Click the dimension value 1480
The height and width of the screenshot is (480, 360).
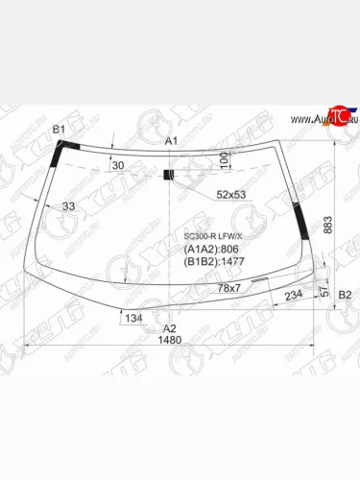point(170,339)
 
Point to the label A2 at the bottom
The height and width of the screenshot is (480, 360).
point(170,325)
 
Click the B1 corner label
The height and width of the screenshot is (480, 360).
point(59,129)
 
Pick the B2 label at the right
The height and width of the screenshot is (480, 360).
point(345,294)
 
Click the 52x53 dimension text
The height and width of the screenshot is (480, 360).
point(230,194)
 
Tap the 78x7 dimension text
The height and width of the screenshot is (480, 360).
point(228,288)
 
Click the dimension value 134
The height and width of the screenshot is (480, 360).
point(133,318)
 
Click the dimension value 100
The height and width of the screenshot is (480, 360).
point(224,159)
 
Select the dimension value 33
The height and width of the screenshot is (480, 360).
point(68,205)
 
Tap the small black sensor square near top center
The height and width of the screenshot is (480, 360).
point(169,175)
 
